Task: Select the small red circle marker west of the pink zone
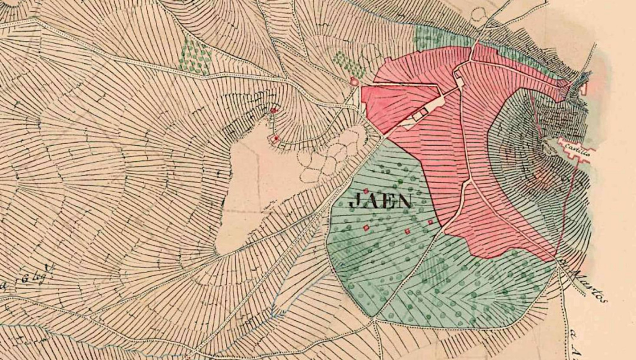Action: tap(354, 81)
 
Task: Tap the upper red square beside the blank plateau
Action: tap(272, 110)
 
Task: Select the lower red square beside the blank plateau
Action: tap(276, 138)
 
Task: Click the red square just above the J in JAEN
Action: tap(366, 191)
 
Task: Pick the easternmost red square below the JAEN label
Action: tap(430, 221)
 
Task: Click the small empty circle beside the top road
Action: tap(478, 14)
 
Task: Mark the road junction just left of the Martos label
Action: tap(561, 267)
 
